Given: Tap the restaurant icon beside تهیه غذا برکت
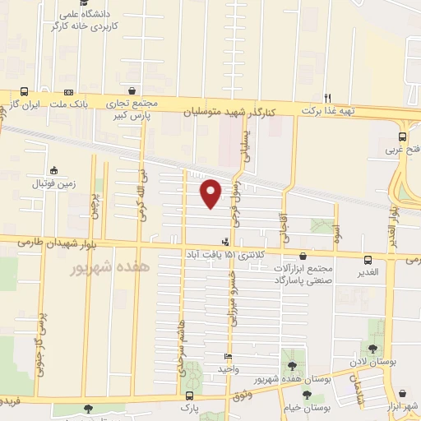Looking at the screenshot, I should click(x=327, y=96).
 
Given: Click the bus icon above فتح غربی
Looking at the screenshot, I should click(x=402, y=136).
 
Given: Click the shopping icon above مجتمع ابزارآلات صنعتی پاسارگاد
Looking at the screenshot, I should click(x=304, y=257).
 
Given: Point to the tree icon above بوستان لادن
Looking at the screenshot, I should click(x=374, y=349).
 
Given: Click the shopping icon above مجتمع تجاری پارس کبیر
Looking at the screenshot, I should click(x=132, y=91).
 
